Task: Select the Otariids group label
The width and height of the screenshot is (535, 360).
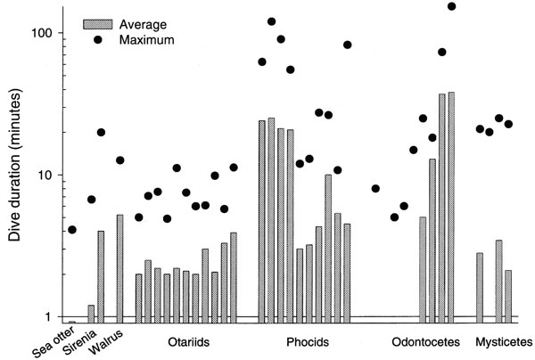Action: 188,342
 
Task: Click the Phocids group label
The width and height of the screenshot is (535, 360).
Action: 309,342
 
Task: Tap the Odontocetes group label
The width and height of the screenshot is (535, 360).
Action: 426,342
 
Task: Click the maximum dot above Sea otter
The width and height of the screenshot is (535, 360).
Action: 72,230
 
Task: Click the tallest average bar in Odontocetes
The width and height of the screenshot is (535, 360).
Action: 451,205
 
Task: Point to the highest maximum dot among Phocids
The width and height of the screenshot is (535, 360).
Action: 271,21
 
